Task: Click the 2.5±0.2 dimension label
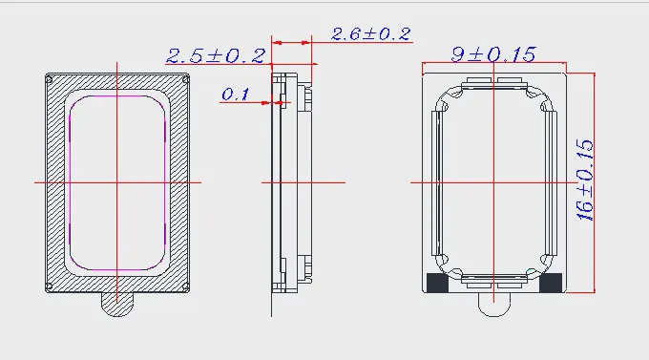coord(216,56)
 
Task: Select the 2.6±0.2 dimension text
coord(371,34)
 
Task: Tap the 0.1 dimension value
coord(236,95)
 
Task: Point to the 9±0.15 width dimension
coord(493,54)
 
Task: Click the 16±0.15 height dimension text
coord(585,180)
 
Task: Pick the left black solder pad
coord(437,282)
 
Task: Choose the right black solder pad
coord(551,282)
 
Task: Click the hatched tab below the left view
coord(117,305)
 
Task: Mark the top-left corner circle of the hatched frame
coord(49,78)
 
